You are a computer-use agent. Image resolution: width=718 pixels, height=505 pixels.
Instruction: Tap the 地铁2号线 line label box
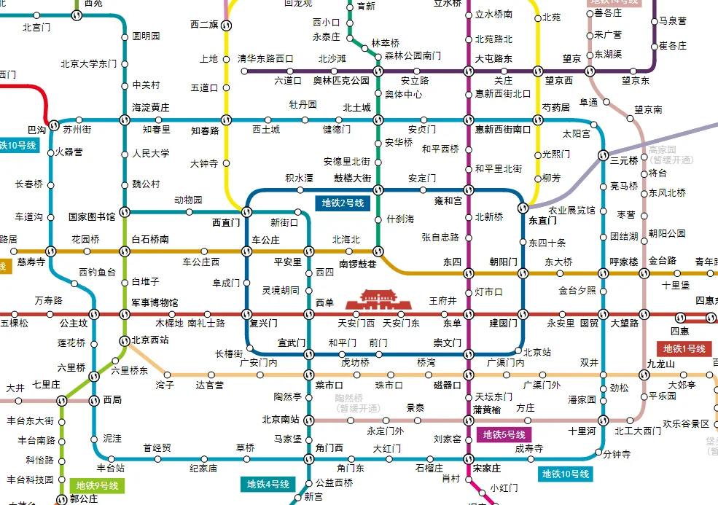[343, 203]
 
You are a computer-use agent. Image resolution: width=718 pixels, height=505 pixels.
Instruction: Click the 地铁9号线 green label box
[97, 485]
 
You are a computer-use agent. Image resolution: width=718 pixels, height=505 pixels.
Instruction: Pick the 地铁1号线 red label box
[684, 349]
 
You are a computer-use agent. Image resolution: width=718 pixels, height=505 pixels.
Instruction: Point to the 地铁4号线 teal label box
[268, 484]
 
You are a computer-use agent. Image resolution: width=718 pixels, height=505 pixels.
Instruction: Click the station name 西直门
[225, 223]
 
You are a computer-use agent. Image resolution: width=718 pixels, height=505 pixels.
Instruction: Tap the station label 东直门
[542, 220]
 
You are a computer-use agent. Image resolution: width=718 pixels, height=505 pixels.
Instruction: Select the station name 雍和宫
[448, 200]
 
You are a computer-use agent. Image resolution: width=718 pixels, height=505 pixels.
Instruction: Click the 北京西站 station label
[150, 340]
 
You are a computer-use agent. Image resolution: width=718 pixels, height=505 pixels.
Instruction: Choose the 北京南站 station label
[281, 420]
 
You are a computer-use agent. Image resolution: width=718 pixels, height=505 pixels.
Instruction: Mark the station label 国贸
[589, 323]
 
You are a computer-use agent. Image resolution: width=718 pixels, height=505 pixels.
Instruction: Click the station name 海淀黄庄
[150, 108]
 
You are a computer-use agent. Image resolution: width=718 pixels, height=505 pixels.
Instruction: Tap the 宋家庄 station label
[486, 469]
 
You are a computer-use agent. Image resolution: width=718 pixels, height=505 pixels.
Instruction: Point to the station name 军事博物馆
[155, 302]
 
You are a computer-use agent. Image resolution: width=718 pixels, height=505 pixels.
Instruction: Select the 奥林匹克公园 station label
[341, 81]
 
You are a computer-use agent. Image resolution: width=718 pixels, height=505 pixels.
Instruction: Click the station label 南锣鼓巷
[358, 265]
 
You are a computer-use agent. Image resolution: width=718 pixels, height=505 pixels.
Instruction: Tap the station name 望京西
[559, 81]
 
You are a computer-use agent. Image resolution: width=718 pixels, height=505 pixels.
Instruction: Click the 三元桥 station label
[624, 160]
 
